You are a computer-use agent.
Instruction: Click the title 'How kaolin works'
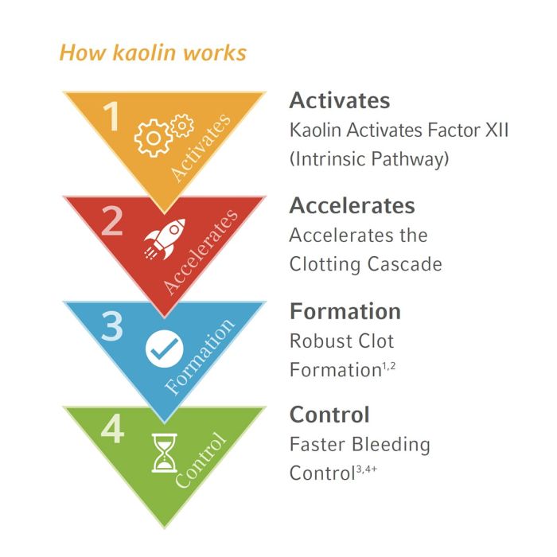tap(153, 53)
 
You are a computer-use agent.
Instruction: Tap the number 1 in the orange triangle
tap(111, 117)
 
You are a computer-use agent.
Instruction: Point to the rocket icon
tap(165, 238)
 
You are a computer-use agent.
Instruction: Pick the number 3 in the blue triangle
tap(111, 326)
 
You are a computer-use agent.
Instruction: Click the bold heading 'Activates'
tap(340, 101)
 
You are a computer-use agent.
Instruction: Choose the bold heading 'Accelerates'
tap(352, 205)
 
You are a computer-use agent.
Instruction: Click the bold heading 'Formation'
tap(345, 310)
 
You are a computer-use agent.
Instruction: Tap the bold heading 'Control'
tap(329, 415)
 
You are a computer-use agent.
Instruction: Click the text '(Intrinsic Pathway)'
tap(369, 158)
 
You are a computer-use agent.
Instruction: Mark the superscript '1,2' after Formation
tap(388, 365)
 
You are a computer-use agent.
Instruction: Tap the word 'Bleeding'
tap(391, 445)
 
